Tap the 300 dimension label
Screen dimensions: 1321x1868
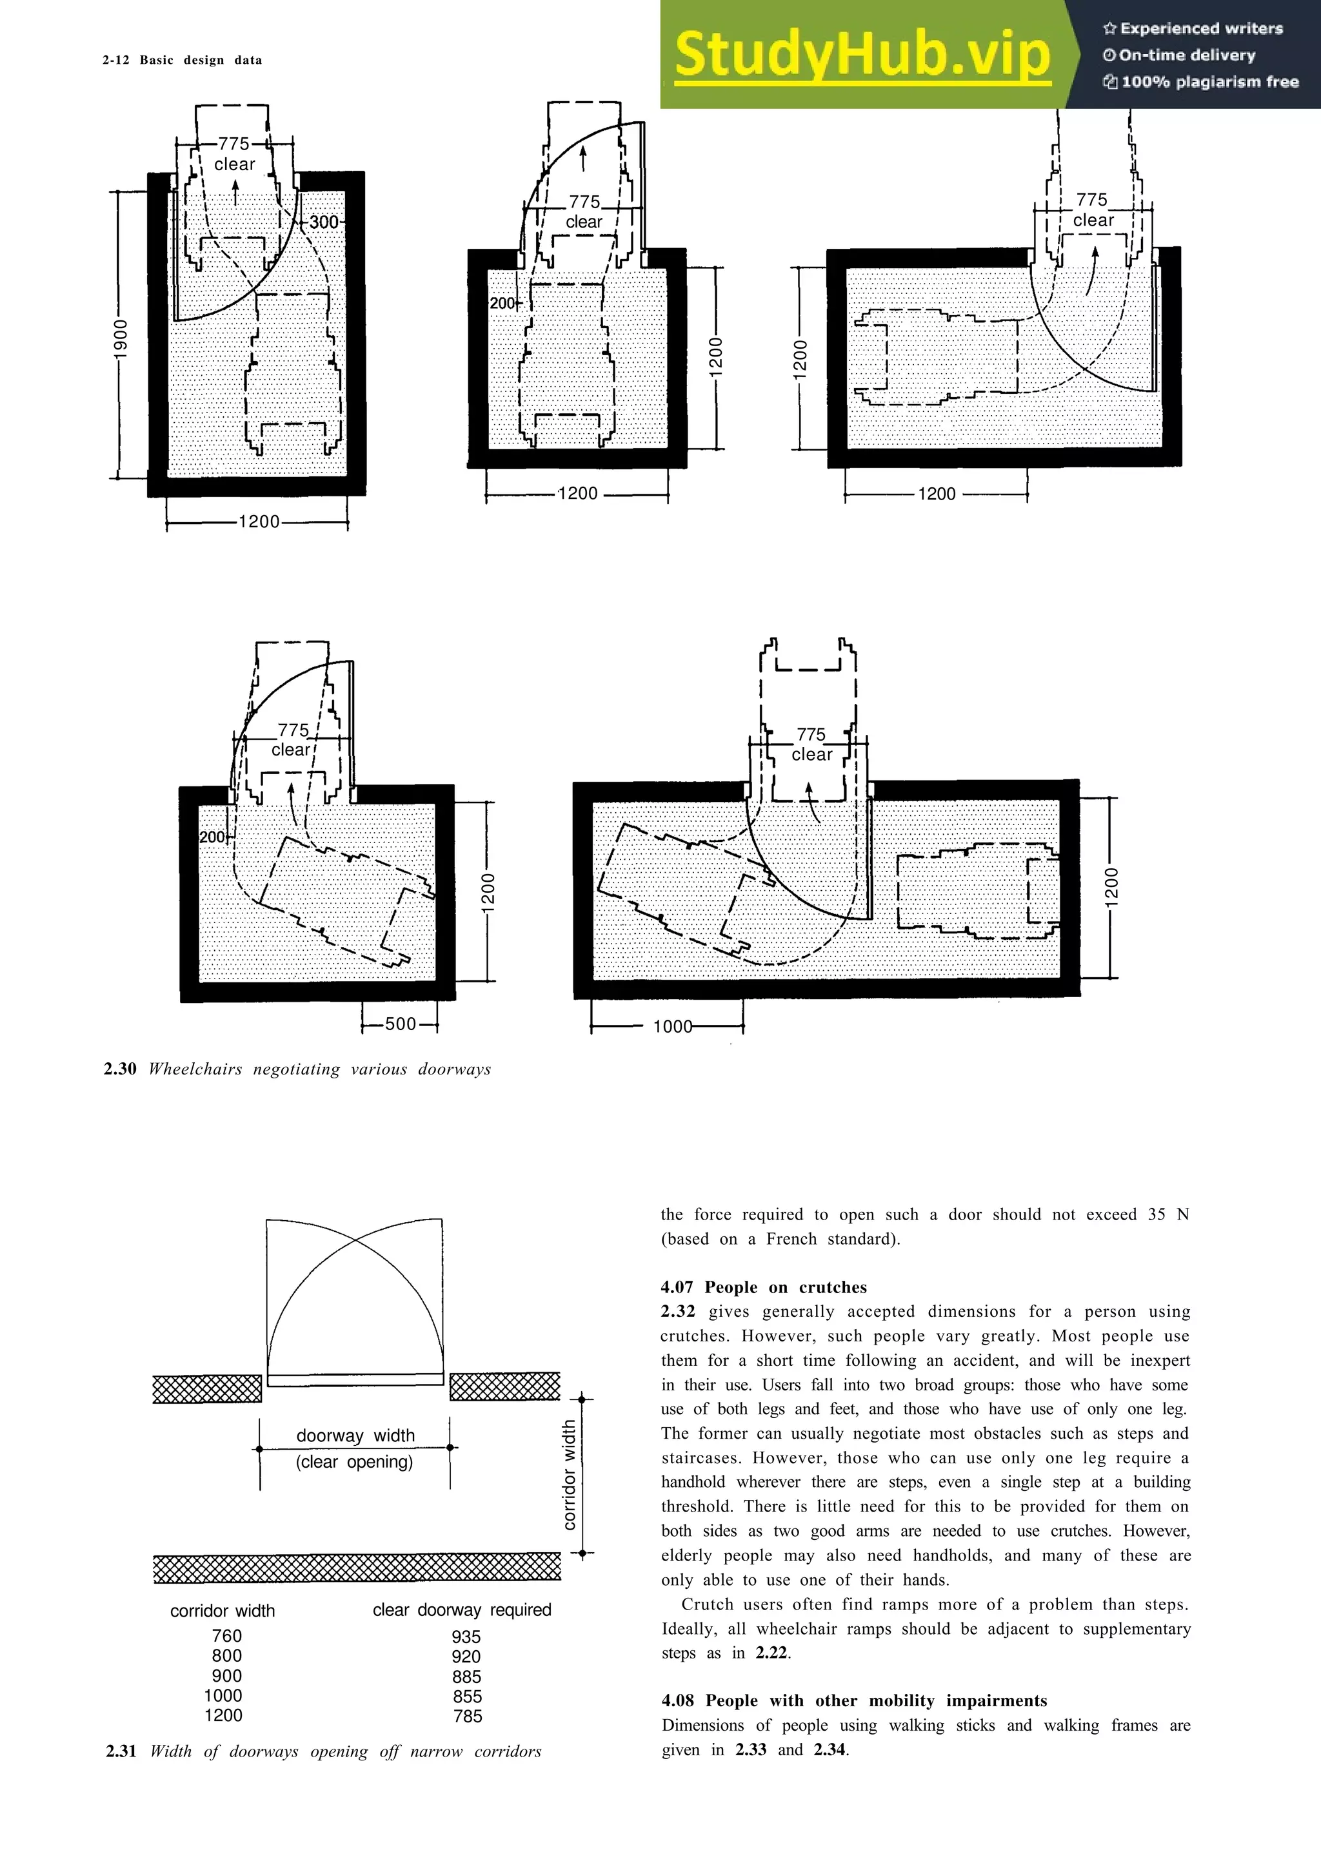323,222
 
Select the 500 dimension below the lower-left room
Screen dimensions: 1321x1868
400,1024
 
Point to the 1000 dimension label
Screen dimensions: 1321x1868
672,1027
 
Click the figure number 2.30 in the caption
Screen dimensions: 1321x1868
119,1069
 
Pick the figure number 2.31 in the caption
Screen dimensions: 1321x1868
121,1751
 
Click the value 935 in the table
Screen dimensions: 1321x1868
466,1636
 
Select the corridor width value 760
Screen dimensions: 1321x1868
226,1635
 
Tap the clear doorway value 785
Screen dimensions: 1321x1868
467,1716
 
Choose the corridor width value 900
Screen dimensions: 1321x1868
226,1675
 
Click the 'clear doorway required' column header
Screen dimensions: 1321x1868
461,1610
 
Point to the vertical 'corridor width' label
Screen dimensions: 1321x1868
569,1475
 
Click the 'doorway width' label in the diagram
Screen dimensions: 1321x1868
355,1435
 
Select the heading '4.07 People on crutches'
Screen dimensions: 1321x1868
764,1287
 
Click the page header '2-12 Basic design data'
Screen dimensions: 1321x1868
183,60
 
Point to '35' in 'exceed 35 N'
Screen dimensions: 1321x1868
1157,1214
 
